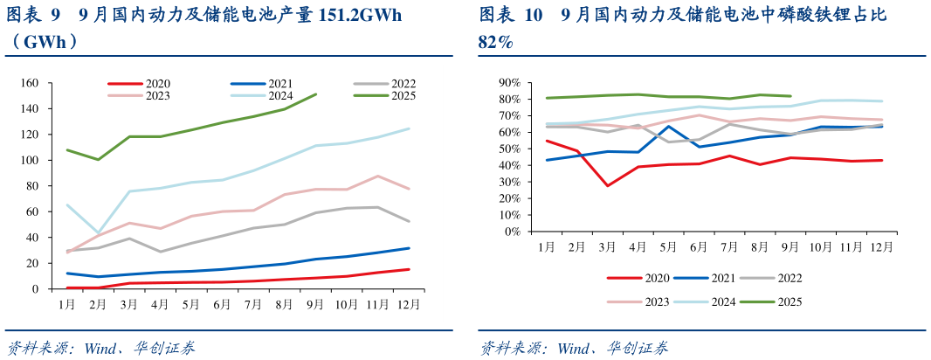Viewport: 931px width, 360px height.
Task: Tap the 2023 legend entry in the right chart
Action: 656,301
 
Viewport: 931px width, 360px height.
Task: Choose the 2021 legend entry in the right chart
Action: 721,278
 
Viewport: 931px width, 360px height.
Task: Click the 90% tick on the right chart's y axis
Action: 508,83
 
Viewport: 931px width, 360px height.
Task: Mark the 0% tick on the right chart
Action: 512,232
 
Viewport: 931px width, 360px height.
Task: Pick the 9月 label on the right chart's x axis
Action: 790,247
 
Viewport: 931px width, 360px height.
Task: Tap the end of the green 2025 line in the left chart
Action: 316,93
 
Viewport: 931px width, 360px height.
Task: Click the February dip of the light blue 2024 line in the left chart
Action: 98,233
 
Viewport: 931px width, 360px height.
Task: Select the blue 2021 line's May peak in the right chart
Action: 668,126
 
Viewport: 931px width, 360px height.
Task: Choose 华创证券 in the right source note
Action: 640,349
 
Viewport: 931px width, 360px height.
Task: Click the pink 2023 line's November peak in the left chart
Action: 377,176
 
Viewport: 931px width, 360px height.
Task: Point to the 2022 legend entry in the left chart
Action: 403,84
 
